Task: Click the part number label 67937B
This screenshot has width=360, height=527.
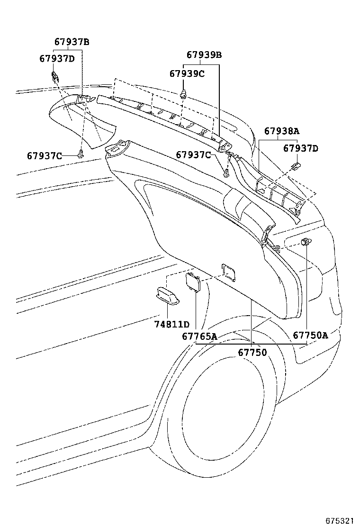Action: click(x=72, y=42)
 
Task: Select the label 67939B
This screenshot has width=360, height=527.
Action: click(x=204, y=55)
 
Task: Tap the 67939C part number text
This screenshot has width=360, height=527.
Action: click(x=187, y=73)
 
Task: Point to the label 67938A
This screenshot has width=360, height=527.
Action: click(x=282, y=131)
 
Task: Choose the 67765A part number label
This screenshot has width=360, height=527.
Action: click(x=199, y=336)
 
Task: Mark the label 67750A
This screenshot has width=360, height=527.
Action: click(x=310, y=336)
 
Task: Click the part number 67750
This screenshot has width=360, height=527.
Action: click(x=252, y=353)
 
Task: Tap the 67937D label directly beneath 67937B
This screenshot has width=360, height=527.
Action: click(x=57, y=58)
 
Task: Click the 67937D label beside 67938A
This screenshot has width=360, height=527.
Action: click(x=301, y=148)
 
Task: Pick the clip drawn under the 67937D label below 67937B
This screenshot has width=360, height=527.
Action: click(x=55, y=76)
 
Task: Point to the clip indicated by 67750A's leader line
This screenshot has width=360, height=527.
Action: click(x=306, y=242)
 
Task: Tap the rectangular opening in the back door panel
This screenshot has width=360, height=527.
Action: click(x=228, y=271)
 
